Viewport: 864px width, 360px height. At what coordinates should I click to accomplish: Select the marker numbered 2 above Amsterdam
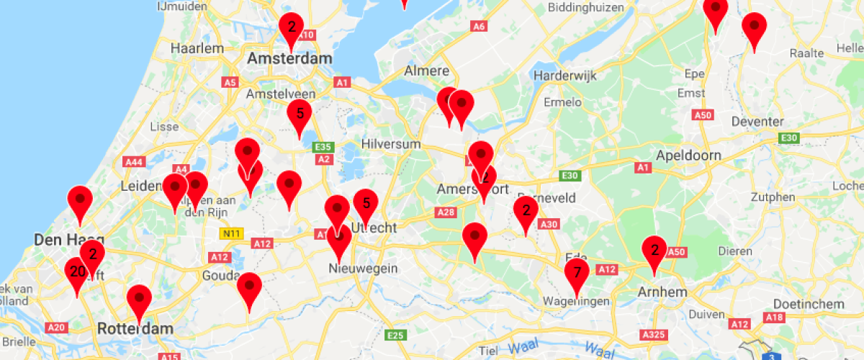[291, 27]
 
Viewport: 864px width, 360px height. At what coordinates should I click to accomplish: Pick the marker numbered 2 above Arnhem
[654, 251]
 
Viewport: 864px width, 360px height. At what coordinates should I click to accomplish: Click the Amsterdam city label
[289, 59]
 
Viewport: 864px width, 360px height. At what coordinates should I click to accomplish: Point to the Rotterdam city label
[135, 329]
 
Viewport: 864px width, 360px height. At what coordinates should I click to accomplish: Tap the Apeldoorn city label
[683, 155]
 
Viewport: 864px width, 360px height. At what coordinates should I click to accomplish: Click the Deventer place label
[757, 122]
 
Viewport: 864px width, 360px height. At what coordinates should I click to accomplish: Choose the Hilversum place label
[392, 144]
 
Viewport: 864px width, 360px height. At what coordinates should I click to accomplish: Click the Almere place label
[427, 71]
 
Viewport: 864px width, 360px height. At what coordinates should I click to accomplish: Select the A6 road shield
[479, 27]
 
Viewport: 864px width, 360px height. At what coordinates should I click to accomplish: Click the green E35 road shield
[323, 147]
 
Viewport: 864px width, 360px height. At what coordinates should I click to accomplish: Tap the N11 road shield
[231, 233]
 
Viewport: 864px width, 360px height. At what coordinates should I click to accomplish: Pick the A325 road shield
[653, 334]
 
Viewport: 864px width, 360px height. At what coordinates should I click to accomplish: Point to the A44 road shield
[135, 162]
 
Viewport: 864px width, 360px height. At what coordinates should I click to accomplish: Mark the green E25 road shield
[395, 335]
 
